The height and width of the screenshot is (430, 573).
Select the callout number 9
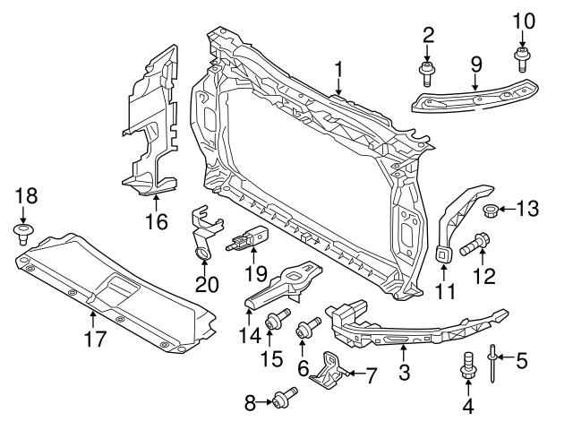tap(475, 64)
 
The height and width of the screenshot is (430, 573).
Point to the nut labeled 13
tap(491, 211)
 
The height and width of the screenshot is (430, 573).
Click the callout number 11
tap(445, 291)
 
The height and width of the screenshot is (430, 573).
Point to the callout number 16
tap(157, 219)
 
